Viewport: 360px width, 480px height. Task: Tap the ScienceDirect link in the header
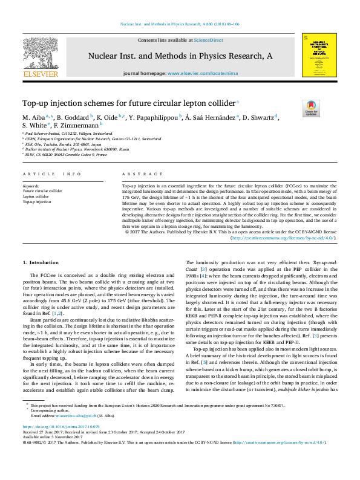click(208, 40)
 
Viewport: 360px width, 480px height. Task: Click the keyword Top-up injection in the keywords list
click(37, 202)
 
